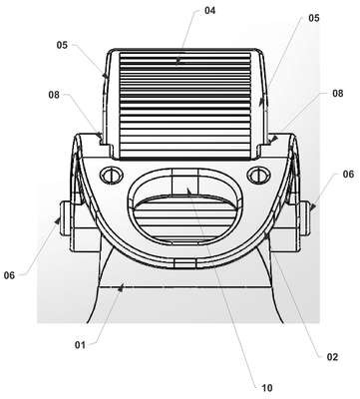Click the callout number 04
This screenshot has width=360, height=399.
tap(209, 11)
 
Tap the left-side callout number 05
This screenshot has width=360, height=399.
tap(62, 45)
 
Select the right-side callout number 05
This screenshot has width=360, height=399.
tap(314, 18)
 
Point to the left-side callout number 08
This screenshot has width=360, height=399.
tap(54, 95)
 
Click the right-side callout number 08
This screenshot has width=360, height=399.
tap(338, 93)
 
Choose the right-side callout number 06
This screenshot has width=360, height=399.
tap(348, 174)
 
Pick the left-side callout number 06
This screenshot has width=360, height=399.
tap(9, 275)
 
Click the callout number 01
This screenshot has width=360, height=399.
tap(80, 345)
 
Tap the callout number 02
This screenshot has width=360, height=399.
tap(332, 357)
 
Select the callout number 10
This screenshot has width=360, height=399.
tap(267, 388)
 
